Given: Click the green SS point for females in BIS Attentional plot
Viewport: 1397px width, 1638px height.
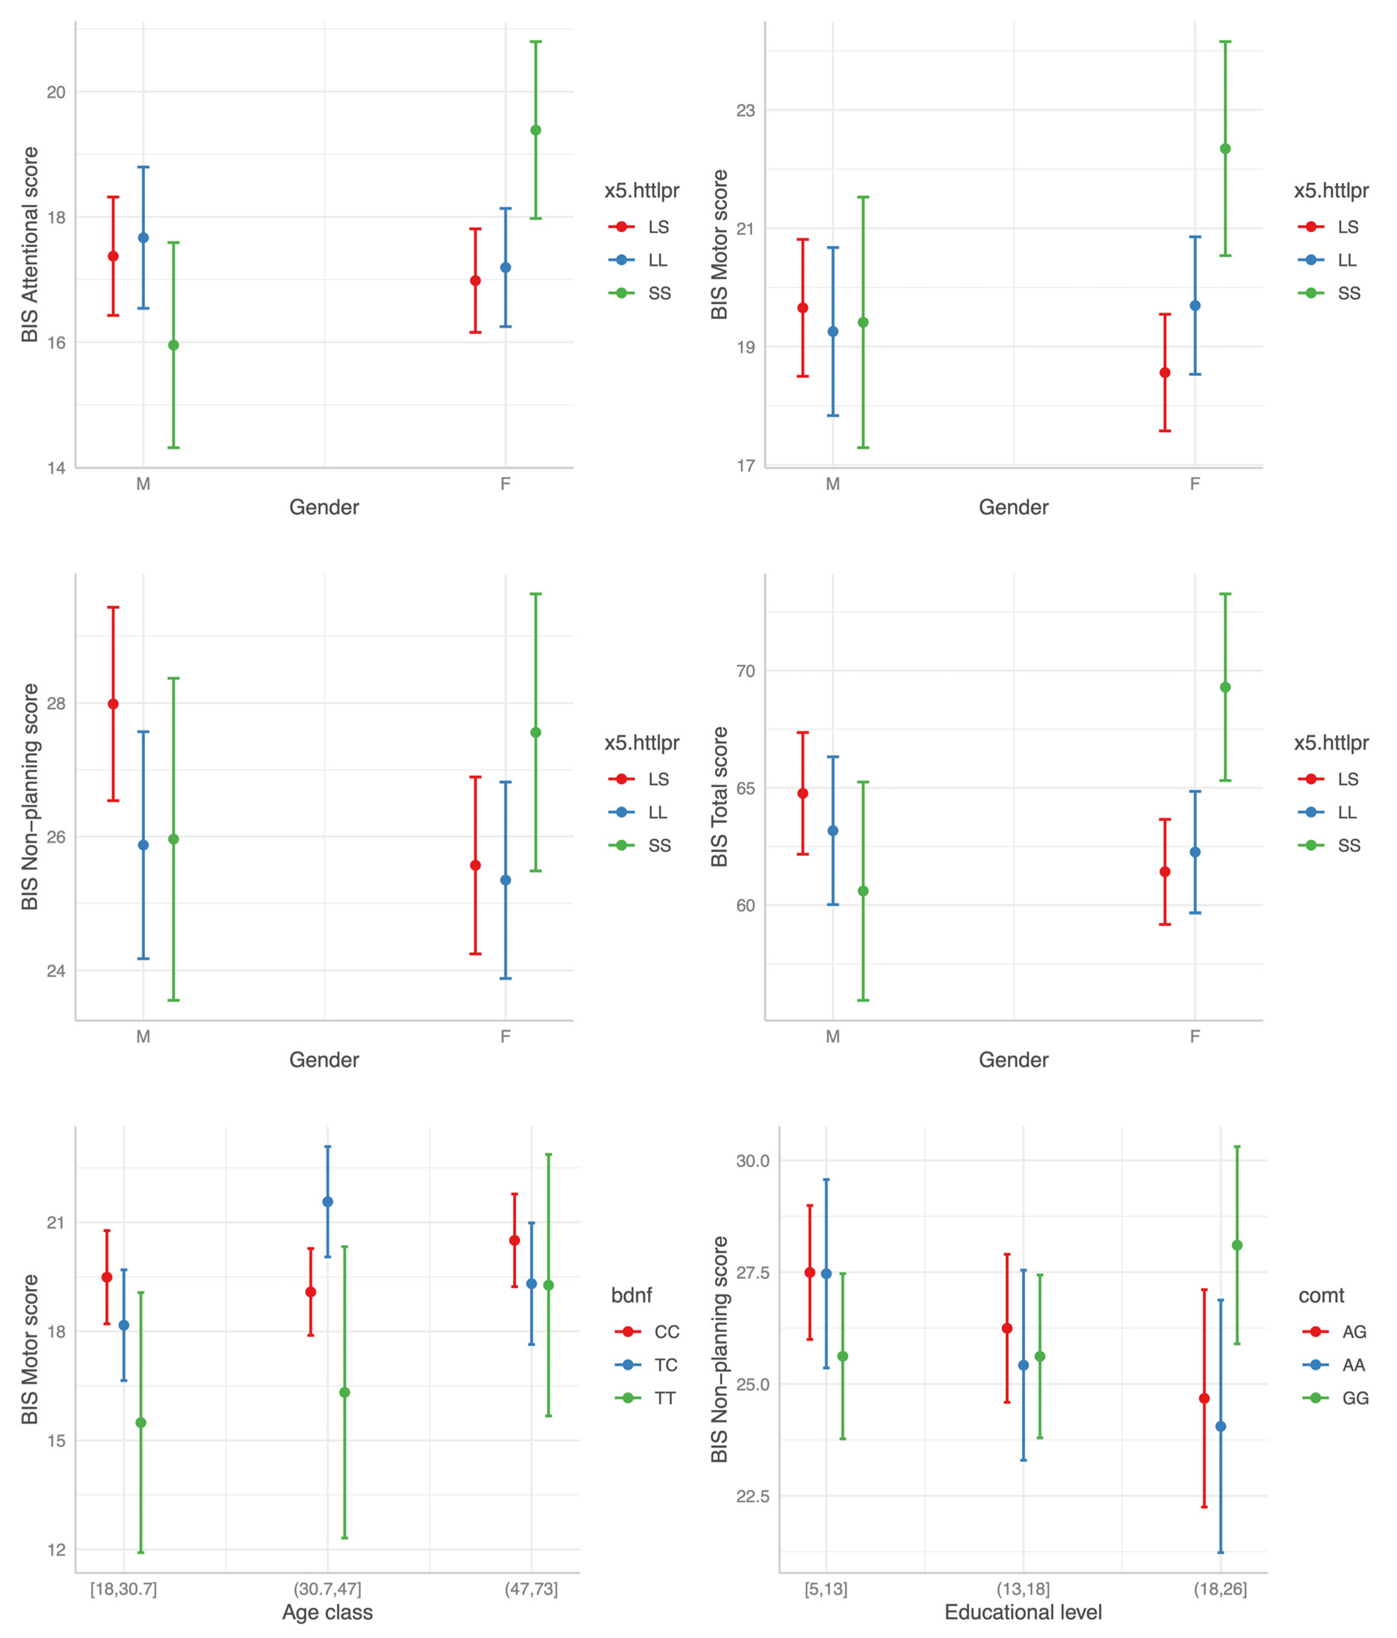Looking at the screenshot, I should coord(535,130).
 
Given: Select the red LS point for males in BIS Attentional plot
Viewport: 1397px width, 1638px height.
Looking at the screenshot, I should coord(113,256).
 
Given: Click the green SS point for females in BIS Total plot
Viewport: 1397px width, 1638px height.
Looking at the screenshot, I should coord(1225,687).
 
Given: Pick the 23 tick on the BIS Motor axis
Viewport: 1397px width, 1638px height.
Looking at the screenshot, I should coord(746,111).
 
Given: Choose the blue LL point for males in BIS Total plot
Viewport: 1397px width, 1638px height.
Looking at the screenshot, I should coord(832,831).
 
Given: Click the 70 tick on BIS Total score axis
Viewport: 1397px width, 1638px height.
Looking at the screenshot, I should coord(746,671).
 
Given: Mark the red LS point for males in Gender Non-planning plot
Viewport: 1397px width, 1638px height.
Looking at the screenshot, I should coord(113,704).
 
